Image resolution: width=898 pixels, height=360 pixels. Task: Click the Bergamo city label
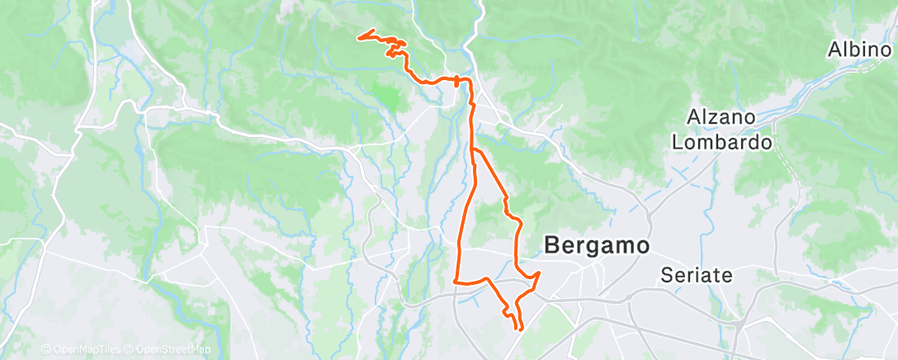(x=597, y=245)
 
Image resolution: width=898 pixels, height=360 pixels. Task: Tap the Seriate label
(x=697, y=276)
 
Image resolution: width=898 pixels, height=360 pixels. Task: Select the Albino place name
(x=860, y=50)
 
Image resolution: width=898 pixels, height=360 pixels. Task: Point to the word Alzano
(x=724, y=118)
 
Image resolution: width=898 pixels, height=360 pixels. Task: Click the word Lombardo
(x=722, y=142)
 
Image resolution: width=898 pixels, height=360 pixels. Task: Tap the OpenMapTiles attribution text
(x=86, y=350)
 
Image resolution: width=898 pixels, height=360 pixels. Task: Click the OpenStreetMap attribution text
(x=173, y=350)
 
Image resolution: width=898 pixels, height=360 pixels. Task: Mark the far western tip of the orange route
(x=357, y=36)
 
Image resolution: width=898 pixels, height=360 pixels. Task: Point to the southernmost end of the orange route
(x=519, y=329)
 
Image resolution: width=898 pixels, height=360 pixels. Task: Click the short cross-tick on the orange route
(x=456, y=79)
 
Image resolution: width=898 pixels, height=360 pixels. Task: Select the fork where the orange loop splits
(x=473, y=149)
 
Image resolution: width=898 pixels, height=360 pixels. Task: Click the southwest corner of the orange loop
(x=456, y=282)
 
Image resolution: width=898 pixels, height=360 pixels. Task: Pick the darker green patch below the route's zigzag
(x=386, y=94)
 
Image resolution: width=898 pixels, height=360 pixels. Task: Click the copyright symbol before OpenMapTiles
(x=45, y=350)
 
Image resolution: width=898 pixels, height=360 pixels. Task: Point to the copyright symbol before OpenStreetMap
(x=131, y=350)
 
